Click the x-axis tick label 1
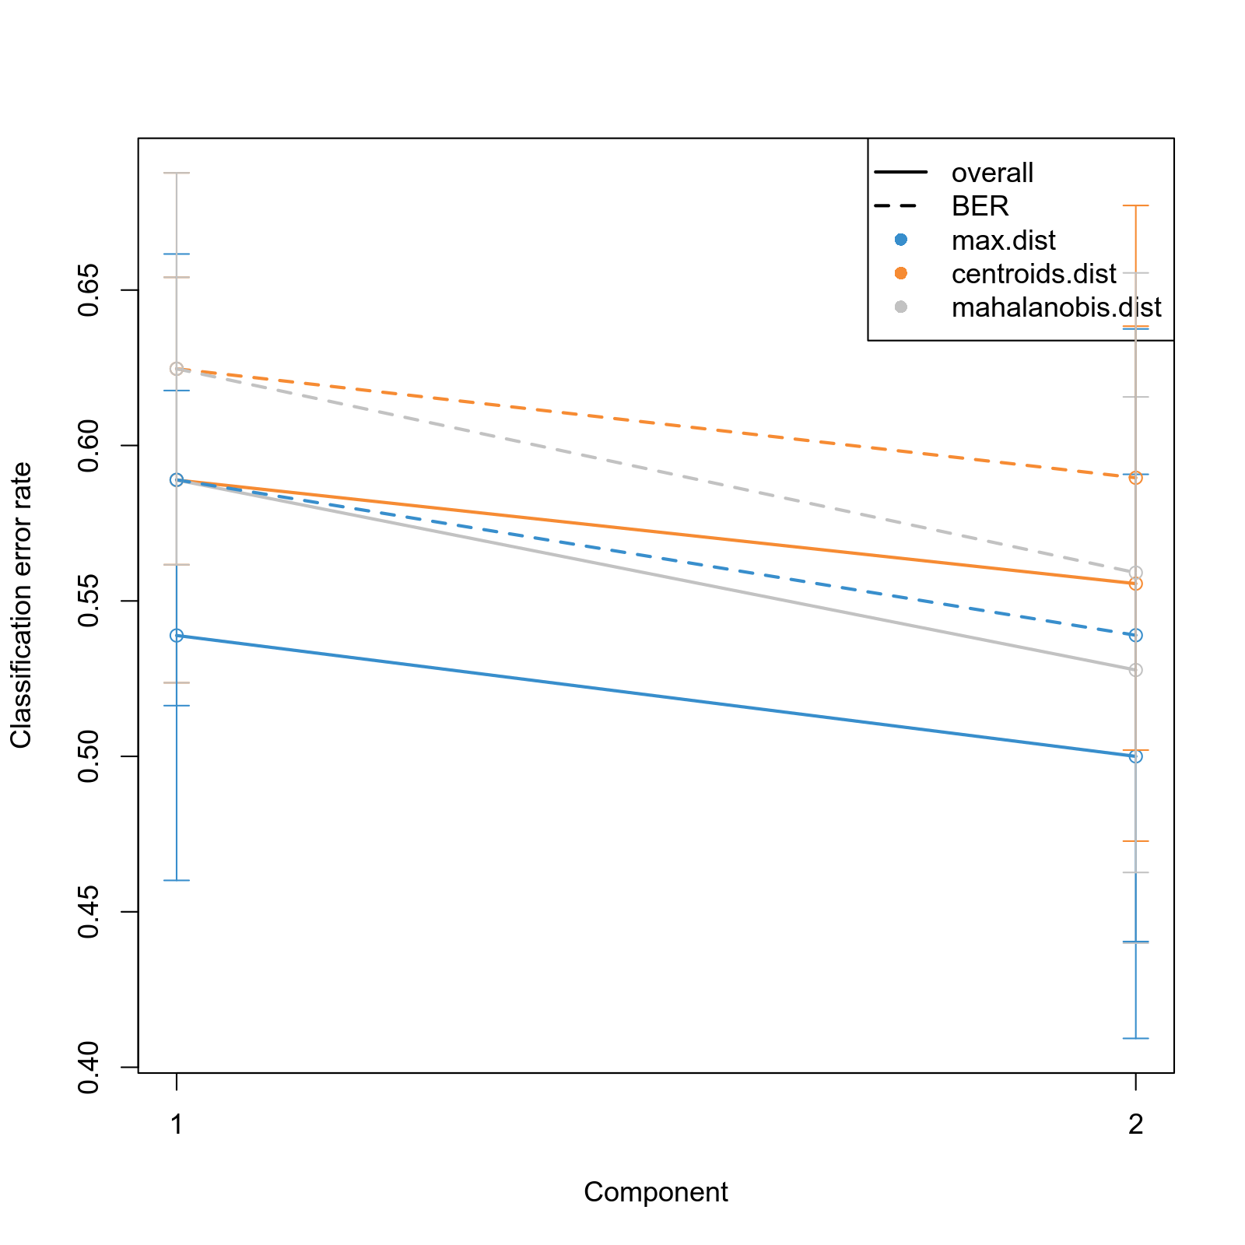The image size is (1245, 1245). coord(177,1124)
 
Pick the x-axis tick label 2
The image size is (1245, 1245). coord(1136,1124)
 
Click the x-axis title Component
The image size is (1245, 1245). coord(656,1192)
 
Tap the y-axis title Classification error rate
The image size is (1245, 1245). coord(21,605)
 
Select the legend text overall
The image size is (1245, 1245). coord(992,173)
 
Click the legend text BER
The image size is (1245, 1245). coord(980,206)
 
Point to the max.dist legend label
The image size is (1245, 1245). coord(1003,240)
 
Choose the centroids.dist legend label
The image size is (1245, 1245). coord(1033,274)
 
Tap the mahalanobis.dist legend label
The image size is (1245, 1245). coord(1056,307)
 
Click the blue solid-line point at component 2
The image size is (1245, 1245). coord(1136,756)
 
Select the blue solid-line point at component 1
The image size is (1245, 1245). coord(177,636)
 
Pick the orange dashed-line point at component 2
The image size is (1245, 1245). coord(1136,477)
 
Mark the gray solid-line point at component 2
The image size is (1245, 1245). coord(1136,670)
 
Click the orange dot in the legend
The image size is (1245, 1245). coord(901,273)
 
